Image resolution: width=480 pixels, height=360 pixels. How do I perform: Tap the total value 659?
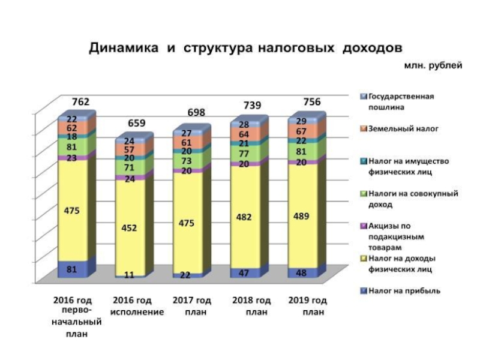click(136, 124)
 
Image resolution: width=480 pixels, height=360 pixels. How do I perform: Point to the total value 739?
click(253, 106)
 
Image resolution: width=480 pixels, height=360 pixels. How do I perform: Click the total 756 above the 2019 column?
click(310, 101)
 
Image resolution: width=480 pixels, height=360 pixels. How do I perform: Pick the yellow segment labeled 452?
click(130, 228)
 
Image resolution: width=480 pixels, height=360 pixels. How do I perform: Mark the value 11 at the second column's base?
click(129, 275)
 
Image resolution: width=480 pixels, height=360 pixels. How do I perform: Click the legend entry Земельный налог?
click(403, 128)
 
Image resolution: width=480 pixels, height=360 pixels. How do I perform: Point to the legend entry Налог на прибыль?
click(404, 291)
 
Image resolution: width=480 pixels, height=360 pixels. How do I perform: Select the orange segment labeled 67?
click(302, 131)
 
